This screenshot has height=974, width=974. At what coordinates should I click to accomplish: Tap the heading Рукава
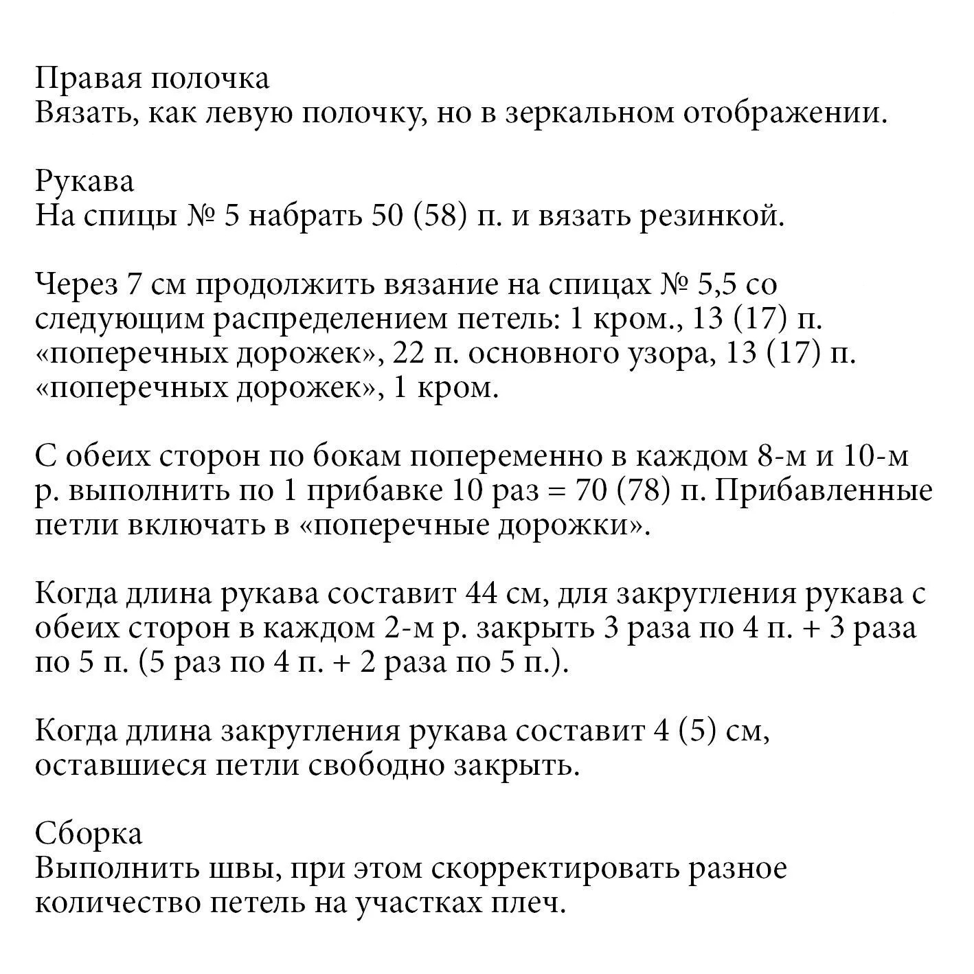(x=84, y=182)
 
